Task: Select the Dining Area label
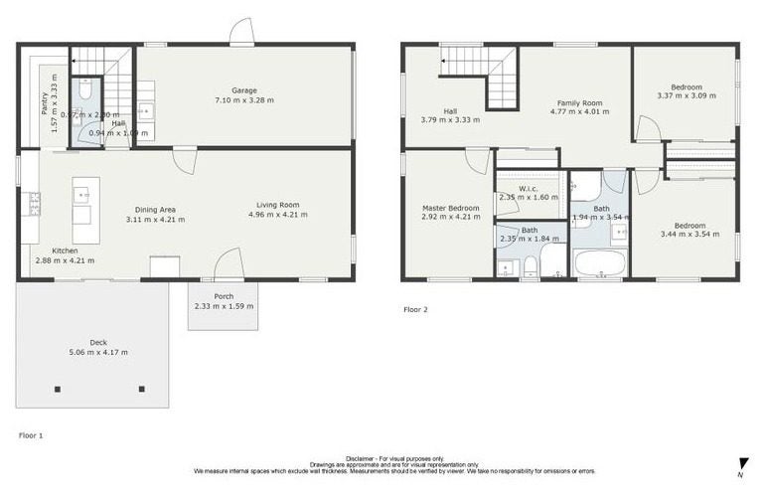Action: (x=156, y=210)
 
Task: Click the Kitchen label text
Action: (x=65, y=251)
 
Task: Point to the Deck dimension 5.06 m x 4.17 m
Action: (x=98, y=352)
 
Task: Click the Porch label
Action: (x=223, y=296)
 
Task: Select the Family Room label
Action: (x=579, y=102)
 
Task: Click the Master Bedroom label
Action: (x=450, y=208)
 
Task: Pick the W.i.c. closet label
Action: (x=530, y=188)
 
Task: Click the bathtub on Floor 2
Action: (x=600, y=263)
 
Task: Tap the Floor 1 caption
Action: (x=32, y=435)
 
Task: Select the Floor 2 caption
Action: (x=415, y=309)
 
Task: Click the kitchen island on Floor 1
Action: (x=85, y=210)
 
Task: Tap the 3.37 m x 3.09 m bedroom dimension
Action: (x=686, y=95)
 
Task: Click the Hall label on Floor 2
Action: (x=450, y=110)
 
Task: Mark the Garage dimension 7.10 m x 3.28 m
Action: (x=244, y=99)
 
